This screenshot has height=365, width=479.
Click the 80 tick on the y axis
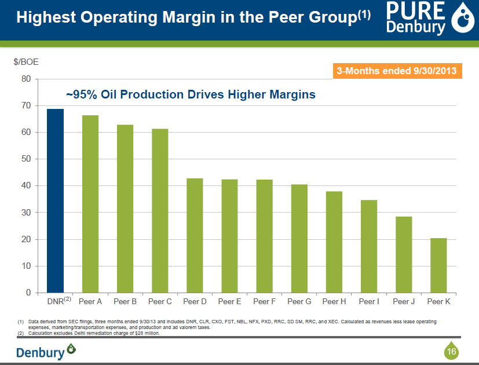[x=26, y=79]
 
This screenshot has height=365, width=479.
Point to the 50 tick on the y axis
[x=26, y=159]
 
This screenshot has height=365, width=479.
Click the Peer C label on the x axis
[x=160, y=302]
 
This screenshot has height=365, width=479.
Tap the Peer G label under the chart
[x=299, y=302]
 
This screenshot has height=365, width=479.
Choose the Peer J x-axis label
[x=404, y=302]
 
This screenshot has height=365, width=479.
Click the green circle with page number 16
[x=451, y=351]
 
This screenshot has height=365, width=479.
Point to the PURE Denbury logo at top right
[x=426, y=19]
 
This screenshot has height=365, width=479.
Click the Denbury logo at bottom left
[x=46, y=352]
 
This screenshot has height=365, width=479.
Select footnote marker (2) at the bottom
[x=20, y=333]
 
